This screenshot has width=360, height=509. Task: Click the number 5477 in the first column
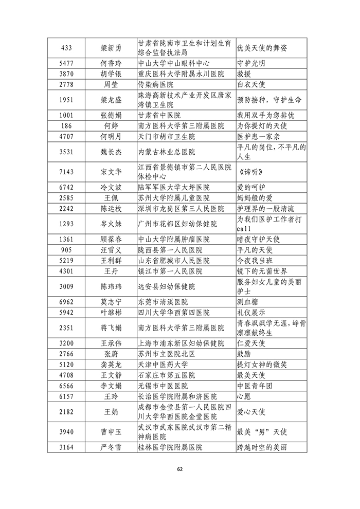point(66,64)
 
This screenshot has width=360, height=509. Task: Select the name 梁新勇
point(111,48)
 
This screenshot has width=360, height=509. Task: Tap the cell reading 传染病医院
point(156,84)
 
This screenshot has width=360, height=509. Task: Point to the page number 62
point(180,469)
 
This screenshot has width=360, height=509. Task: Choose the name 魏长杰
point(111,152)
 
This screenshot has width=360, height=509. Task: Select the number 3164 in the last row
point(66,447)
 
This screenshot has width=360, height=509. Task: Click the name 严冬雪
point(111,447)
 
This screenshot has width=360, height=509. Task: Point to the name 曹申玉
point(111,432)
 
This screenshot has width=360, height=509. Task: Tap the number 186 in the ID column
point(66,125)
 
